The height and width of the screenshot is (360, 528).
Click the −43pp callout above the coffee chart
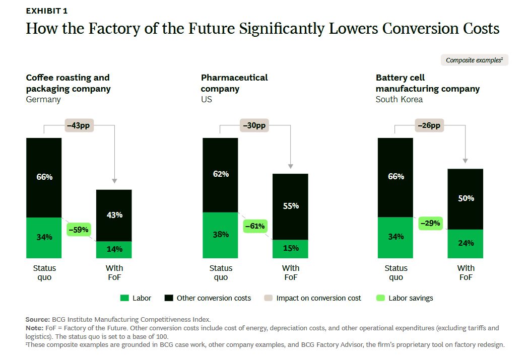pyautogui.click(x=79, y=125)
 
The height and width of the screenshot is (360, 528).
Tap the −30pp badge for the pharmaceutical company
pyautogui.click(x=254, y=125)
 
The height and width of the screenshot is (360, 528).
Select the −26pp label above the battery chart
pyautogui.click(x=429, y=125)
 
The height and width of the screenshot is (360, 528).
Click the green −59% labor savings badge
pyautogui.click(x=79, y=230)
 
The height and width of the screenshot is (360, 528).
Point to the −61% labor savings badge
pyautogui.click(x=255, y=226)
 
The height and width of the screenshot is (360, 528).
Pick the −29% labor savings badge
pyautogui.click(x=430, y=224)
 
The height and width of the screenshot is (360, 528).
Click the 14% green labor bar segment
pyautogui.click(x=114, y=250)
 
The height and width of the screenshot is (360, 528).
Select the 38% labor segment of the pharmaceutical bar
pyautogui.click(x=220, y=235)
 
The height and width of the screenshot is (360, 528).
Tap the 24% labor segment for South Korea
pyautogui.click(x=466, y=244)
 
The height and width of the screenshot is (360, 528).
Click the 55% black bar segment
pyautogui.click(x=290, y=206)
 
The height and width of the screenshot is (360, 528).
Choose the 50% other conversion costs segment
pyautogui.click(x=466, y=199)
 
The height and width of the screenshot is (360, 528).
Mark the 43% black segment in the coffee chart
pyautogui.click(x=114, y=215)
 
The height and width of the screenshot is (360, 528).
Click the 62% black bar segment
pyautogui.click(x=220, y=175)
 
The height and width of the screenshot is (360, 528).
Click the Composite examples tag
pyautogui.click(x=475, y=60)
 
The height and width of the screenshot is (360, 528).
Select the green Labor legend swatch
pyautogui.click(x=124, y=298)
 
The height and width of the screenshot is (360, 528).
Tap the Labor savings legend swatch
pyautogui.click(x=380, y=298)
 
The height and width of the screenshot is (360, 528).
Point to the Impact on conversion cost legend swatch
pyautogui.click(x=269, y=298)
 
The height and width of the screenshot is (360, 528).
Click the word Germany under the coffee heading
pyautogui.click(x=43, y=100)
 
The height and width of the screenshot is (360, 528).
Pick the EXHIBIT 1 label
pyautogui.click(x=47, y=11)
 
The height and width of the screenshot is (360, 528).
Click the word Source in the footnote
pyautogui.click(x=38, y=319)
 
